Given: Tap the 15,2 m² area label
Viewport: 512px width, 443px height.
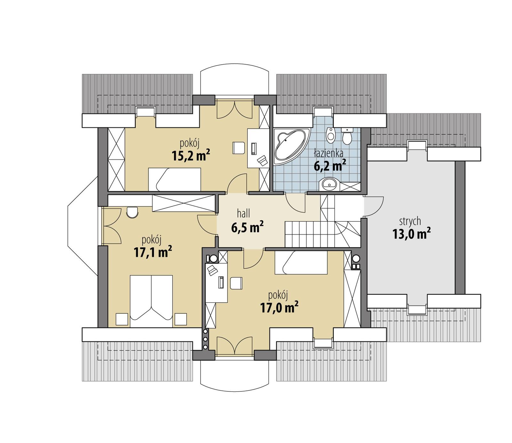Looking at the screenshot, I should click(x=191, y=156).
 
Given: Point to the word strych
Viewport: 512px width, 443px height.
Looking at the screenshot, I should click(x=410, y=221).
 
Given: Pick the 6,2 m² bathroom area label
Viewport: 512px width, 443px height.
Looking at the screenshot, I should click(x=330, y=166).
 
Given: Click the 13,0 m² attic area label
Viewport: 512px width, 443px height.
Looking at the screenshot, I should click(x=411, y=234).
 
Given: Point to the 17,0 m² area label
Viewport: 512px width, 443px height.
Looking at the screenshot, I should click(x=279, y=308).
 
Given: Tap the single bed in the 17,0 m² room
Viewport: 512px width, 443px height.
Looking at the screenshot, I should click(x=301, y=262).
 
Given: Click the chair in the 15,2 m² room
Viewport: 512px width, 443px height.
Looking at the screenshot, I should click(x=238, y=148).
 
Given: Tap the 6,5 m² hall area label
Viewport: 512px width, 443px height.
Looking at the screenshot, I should click(x=247, y=228).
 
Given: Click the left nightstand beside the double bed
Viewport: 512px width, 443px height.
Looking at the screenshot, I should click(x=122, y=319).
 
